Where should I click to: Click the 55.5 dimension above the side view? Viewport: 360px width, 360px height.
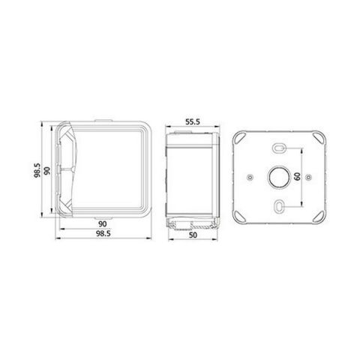(x=193, y=122)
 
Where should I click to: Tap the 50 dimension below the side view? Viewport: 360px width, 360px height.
(x=193, y=235)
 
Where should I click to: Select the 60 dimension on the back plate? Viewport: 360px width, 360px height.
(x=297, y=177)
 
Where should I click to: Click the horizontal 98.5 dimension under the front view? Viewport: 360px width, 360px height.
(x=103, y=234)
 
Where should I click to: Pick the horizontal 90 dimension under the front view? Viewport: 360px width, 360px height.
(x=103, y=224)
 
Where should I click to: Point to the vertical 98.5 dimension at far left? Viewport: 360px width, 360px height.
(x=37, y=170)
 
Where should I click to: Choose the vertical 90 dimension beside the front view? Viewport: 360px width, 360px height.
(x=46, y=171)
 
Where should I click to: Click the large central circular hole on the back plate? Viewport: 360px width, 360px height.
(x=279, y=177)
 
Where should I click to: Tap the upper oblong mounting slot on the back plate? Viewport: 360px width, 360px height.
(x=279, y=148)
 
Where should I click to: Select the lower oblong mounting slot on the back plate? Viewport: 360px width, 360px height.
(x=279, y=206)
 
